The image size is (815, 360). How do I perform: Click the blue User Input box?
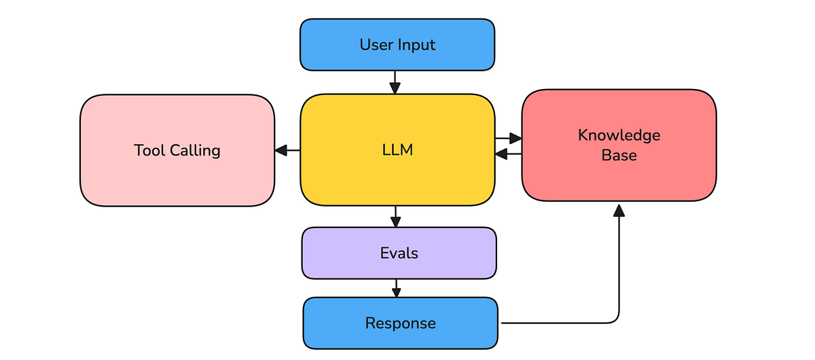pos(397,45)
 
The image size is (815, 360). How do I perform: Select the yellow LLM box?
pos(397,150)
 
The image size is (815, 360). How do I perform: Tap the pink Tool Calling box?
pos(177,150)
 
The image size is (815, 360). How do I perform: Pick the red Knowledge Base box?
pos(619,145)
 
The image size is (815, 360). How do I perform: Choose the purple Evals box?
pos(399,253)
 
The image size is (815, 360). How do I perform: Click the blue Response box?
pos(400,323)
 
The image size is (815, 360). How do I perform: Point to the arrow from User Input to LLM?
pos(395,83)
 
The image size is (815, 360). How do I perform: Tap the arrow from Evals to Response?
pos(396,288)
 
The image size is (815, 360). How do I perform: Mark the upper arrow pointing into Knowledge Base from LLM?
pos(510,139)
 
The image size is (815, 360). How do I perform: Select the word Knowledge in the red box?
pos(619,135)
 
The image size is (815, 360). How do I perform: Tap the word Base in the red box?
pos(619,156)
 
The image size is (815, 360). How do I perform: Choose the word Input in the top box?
pos(416,46)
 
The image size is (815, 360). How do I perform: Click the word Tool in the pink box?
pos(148,150)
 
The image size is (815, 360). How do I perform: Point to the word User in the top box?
pos(376,46)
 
